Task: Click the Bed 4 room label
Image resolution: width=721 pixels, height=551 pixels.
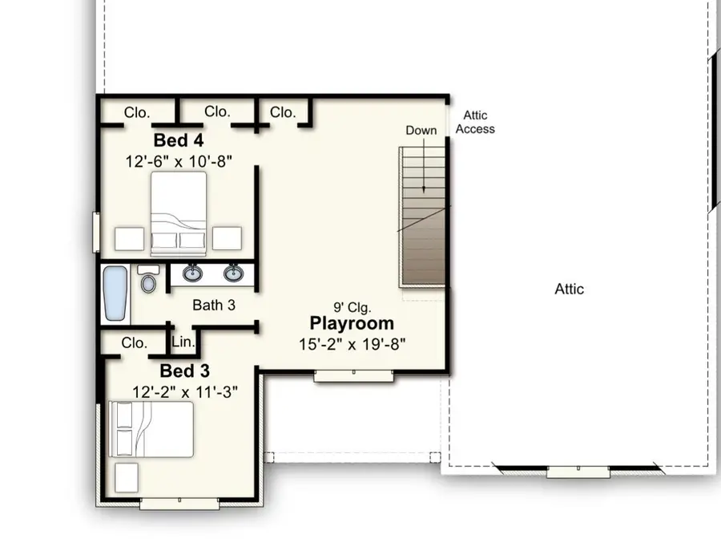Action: (178, 140)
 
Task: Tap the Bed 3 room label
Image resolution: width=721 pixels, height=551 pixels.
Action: (184, 371)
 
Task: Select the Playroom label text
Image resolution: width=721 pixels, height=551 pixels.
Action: (352, 324)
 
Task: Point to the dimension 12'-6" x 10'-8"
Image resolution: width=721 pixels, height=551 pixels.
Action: (179, 161)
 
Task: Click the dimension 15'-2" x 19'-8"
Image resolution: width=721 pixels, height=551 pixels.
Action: (352, 344)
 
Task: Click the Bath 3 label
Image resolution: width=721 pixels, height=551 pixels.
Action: (214, 305)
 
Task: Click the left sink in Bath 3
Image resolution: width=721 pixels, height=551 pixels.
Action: (192, 274)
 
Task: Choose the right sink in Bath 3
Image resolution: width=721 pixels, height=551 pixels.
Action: (233, 274)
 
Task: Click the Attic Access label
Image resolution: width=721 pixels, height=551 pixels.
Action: (474, 123)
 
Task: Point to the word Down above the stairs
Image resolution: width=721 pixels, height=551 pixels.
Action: (421, 131)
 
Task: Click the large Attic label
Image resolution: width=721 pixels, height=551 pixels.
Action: (570, 289)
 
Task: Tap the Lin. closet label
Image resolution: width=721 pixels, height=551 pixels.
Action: (183, 342)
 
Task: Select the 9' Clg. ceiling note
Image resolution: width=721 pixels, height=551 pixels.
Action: (352, 306)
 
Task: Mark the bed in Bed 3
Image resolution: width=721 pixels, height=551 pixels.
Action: (152, 430)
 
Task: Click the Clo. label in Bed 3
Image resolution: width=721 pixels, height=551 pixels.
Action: (134, 342)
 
